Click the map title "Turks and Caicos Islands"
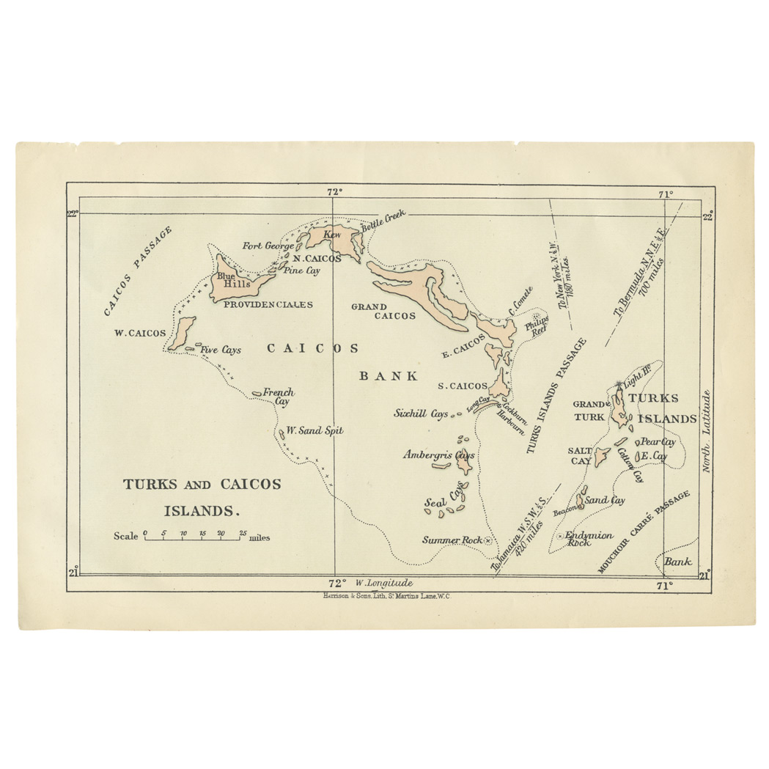(x=202, y=496)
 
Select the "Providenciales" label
(x=268, y=305)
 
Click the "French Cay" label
(x=279, y=397)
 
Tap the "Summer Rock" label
(x=452, y=540)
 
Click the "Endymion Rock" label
(x=589, y=539)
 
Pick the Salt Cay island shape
(x=601, y=457)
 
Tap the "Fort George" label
(x=268, y=246)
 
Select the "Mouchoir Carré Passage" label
(x=644, y=533)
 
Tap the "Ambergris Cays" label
(x=438, y=455)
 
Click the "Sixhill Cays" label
(x=421, y=414)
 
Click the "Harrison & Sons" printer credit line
(x=386, y=597)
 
